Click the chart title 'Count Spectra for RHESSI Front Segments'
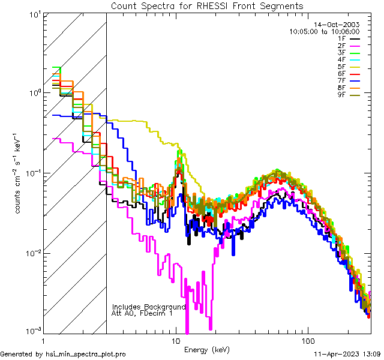(207, 6)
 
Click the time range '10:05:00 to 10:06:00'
(324, 31)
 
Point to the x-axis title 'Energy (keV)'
(206, 349)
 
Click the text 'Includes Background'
(148, 307)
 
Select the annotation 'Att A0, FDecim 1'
(142, 313)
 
